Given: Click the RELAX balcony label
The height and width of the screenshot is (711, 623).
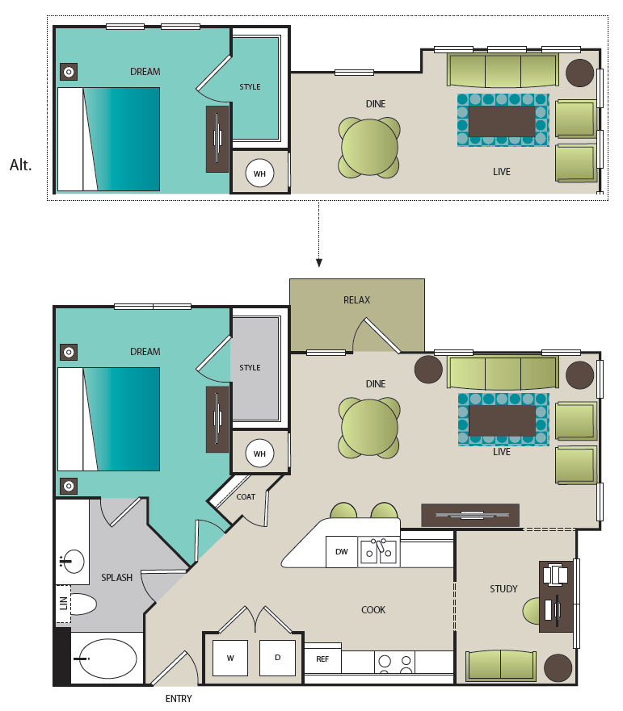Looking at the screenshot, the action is point(356,299).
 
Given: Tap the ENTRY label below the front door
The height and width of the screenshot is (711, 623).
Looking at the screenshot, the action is point(179,699).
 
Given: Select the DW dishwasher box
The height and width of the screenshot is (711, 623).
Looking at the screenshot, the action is point(341,552).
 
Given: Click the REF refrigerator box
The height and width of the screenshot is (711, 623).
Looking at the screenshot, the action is point(322,659).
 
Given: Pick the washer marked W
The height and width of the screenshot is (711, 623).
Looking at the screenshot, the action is point(230,658).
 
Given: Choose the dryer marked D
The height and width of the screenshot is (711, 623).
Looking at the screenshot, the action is point(277,658).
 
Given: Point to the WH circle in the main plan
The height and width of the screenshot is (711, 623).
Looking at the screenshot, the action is point(259,454).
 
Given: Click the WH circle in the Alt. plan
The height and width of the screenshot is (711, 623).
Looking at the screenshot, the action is point(259,174).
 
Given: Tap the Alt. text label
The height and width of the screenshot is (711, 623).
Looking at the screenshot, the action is point(21,165).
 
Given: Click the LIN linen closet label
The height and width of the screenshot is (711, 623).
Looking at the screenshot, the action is point(64,603).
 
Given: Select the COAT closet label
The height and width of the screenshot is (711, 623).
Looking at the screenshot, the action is point(246,497).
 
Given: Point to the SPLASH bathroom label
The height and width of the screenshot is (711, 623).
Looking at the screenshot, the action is point(116,578).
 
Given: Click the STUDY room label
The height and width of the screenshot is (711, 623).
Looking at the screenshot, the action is point(503,589).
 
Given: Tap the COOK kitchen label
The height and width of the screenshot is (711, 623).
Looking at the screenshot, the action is point(373,610).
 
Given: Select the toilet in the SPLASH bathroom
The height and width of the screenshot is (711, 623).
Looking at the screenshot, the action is point(84,604).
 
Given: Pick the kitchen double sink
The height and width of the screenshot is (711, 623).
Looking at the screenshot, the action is point(379,552).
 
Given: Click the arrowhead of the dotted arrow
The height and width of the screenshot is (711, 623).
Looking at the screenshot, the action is point(318,262).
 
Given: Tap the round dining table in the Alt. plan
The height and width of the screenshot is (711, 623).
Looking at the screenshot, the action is point(369,148).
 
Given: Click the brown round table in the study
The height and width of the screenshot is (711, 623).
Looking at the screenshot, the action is point(558,668).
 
